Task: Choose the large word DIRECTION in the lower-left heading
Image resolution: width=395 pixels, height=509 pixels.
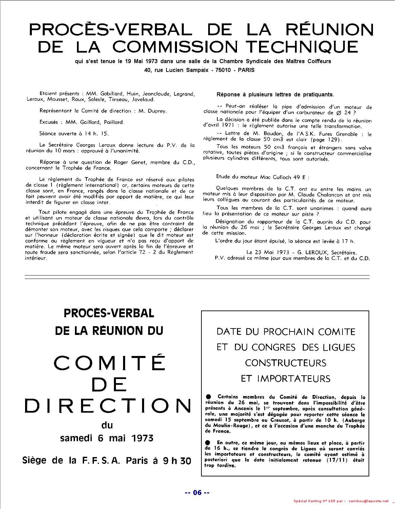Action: (x=108, y=406)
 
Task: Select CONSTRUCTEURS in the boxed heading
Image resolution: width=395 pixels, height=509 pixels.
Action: (x=285, y=363)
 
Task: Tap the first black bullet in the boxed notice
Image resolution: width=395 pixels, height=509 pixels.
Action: (x=208, y=397)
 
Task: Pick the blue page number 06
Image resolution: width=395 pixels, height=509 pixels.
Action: (x=197, y=493)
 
